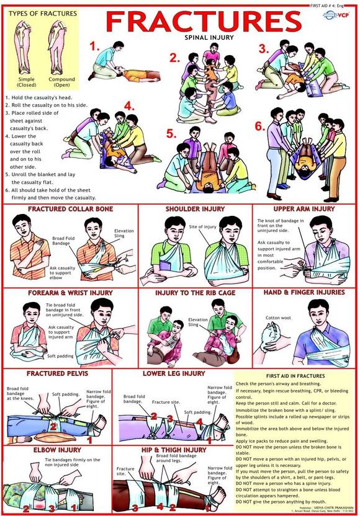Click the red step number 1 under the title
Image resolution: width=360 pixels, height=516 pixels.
94,46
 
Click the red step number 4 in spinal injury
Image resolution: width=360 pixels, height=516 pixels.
129,105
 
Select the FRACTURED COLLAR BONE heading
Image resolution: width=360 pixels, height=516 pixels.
70,209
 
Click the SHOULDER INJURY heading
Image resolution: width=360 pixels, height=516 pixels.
195,209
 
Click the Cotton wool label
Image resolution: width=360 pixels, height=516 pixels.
277,318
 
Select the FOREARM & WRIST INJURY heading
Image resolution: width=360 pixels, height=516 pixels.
70,292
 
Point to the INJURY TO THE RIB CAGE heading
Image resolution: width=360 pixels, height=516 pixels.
195,292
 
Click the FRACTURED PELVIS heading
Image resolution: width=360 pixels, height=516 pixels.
56,373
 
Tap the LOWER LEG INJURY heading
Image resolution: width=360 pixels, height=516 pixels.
173,373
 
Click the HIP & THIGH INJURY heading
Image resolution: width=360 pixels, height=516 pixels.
173,449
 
